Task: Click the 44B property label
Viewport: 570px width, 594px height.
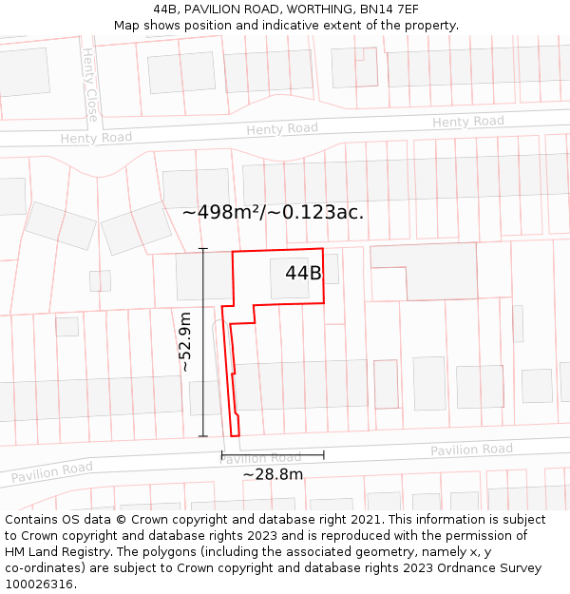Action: tap(303, 274)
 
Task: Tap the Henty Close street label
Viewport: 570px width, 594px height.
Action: tap(90, 86)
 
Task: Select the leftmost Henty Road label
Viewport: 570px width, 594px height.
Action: tap(96, 138)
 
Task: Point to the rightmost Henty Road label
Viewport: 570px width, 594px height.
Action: tap(468, 122)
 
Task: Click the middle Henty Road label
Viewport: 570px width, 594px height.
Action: tap(282, 129)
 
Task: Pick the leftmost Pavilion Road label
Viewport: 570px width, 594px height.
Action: tap(52, 470)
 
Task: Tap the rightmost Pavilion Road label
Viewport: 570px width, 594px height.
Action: tap(471, 450)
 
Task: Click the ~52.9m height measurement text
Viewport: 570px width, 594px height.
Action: tap(185, 341)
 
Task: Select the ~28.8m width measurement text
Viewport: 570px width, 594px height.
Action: tap(273, 474)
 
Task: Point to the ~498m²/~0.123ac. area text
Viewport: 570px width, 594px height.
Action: tap(273, 212)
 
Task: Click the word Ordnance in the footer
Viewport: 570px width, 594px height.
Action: tap(450, 568)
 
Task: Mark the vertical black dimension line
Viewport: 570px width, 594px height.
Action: tap(202, 342)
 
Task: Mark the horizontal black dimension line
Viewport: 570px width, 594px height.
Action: tap(273, 456)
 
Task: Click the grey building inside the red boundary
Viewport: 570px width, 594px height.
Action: tap(289, 278)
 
